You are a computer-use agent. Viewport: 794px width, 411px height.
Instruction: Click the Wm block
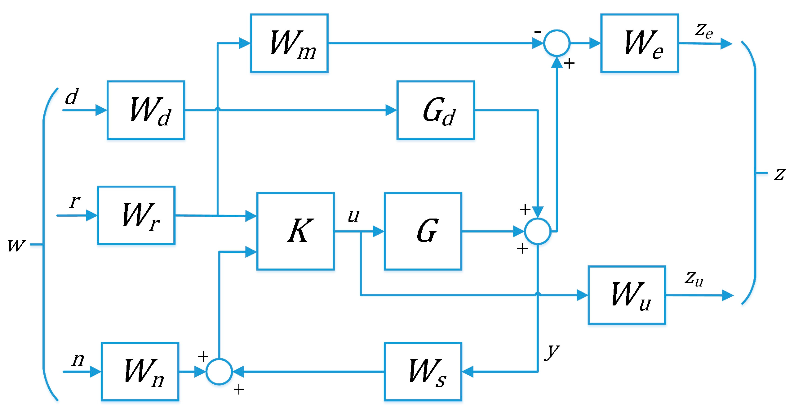(x=289, y=43)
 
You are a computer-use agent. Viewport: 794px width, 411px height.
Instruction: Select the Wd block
(x=146, y=110)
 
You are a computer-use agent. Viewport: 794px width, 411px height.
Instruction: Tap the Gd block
(x=435, y=110)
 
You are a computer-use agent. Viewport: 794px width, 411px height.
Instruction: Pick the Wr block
(x=136, y=215)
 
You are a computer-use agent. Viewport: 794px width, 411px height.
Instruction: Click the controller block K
(x=295, y=231)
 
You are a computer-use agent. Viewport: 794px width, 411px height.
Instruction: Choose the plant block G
(x=423, y=231)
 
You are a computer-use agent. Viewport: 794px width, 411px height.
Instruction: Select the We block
(x=639, y=43)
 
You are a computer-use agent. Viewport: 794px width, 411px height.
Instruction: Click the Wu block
(x=627, y=295)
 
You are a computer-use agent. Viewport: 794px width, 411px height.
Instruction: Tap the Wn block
(x=140, y=371)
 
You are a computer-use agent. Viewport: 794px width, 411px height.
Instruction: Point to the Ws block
(x=423, y=371)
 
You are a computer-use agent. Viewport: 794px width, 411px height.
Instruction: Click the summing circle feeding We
(x=557, y=43)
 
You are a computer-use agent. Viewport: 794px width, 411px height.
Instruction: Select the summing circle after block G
(x=538, y=231)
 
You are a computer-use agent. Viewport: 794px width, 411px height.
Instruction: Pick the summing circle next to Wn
(x=219, y=372)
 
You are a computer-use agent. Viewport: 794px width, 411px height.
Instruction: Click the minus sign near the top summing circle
(x=538, y=32)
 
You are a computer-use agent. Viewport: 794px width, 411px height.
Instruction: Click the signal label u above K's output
(x=353, y=215)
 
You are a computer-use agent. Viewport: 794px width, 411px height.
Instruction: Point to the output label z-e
(x=703, y=31)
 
